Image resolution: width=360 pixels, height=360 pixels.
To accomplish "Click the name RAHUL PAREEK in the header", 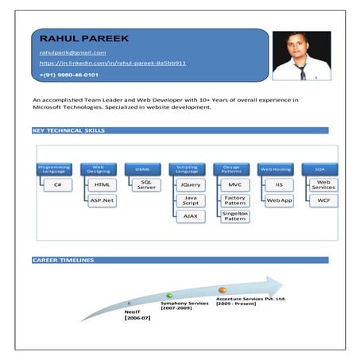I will coord(83,37).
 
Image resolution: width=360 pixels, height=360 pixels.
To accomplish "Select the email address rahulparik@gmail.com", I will coord(72,52).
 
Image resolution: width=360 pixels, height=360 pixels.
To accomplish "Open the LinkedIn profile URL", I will coord(112,63).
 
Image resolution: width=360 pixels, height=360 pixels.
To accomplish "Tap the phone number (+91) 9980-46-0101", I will coord(68,75).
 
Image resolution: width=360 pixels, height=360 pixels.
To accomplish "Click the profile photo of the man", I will coord(301,56).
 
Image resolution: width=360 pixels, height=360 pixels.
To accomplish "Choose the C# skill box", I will coord(58,184).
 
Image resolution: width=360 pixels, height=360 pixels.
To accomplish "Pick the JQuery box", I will coord(191,184).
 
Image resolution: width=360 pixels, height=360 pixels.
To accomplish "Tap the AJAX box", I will coord(191,216).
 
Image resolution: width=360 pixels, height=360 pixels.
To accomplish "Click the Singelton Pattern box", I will coord(235,215).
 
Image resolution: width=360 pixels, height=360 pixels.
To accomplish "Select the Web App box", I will coord(280,200).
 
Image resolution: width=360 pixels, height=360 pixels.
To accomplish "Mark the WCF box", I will coord(324,200).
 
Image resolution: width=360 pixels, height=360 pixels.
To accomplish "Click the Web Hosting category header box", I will coord(276,168).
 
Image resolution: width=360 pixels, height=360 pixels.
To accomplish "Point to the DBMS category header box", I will coord(142,168).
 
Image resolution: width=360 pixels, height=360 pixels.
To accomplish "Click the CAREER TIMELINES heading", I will coord(63,260).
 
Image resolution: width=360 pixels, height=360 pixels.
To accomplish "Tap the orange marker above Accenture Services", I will coord(223,290).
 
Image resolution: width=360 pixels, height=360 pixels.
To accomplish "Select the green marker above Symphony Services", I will coord(169,296).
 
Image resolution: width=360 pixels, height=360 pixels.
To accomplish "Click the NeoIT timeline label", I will coord(133,314).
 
